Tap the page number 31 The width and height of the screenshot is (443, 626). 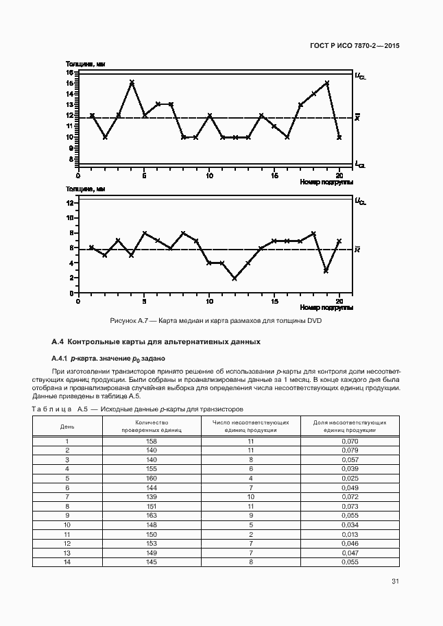396,582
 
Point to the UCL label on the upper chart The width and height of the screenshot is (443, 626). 360,76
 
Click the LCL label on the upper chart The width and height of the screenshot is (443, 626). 360,165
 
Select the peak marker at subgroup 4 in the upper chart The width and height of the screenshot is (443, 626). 132,82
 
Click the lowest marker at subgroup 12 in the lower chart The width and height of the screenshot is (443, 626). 235,278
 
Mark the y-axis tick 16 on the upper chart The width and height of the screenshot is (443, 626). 70,72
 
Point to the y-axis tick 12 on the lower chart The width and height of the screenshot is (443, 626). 70,203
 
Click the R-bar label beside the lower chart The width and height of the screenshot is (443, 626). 357,249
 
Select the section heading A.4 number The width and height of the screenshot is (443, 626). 58,341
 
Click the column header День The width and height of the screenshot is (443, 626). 67,426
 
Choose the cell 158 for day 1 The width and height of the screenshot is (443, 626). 152,441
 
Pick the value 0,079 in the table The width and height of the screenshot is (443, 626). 350,450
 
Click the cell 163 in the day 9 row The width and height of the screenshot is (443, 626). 152,514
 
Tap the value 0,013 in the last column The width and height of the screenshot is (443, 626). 350,533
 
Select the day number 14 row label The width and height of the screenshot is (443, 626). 67,562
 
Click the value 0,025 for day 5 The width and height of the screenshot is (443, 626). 350,478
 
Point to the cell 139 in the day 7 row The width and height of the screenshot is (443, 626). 152,496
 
